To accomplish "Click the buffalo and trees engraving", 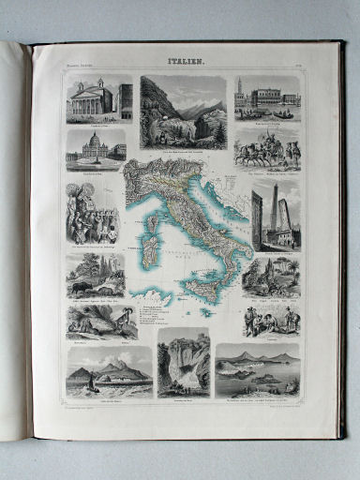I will tap(95, 274).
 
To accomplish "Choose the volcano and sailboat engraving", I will tap(110, 372).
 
